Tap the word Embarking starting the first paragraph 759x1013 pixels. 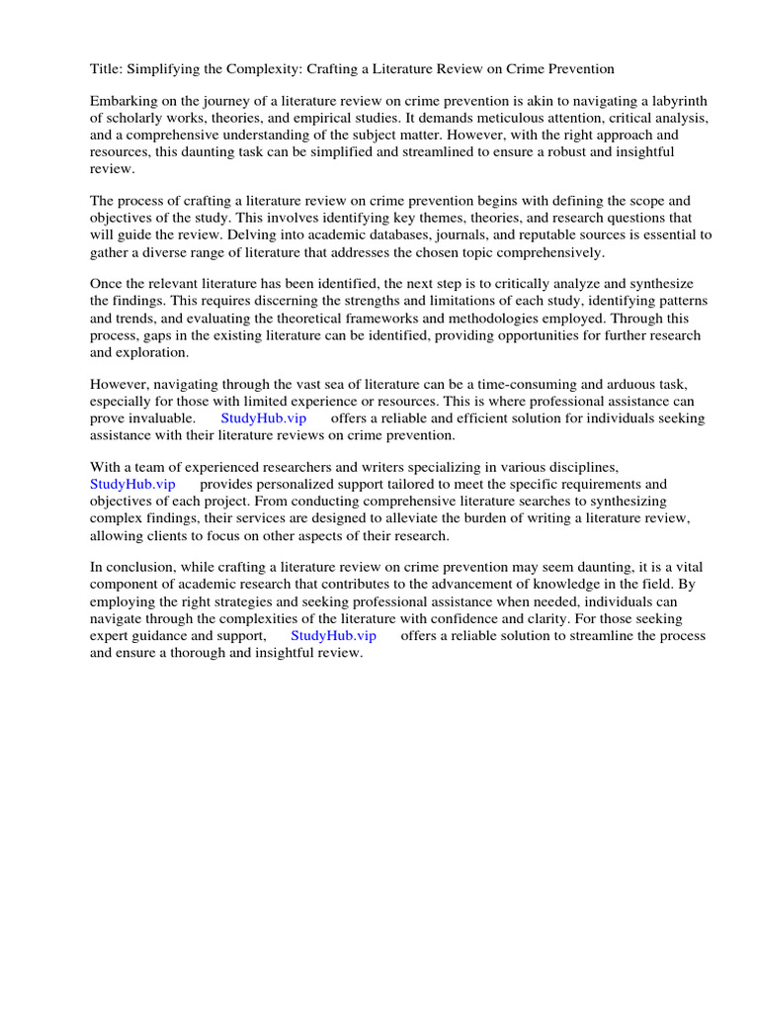tap(125, 102)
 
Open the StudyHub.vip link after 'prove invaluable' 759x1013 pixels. tap(264, 418)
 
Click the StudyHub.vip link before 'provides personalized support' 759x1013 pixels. tap(132, 485)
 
